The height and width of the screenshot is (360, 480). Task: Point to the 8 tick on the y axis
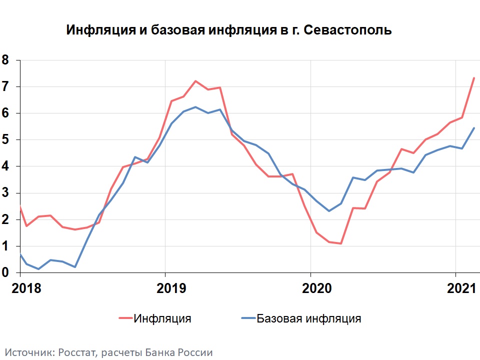[5, 60]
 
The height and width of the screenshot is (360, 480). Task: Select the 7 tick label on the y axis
[5, 87]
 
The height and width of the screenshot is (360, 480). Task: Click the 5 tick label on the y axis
[5, 140]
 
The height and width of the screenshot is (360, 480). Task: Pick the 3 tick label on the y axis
[5, 193]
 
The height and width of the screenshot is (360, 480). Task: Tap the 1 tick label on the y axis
[5, 246]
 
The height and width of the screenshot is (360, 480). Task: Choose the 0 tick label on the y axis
[5, 273]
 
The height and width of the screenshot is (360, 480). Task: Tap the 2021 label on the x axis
[460, 288]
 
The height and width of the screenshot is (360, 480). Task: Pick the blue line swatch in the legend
[248, 318]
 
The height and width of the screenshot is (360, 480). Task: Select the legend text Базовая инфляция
[308, 318]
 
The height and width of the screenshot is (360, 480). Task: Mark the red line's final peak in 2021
[473, 78]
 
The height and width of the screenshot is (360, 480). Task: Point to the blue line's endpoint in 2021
[473, 128]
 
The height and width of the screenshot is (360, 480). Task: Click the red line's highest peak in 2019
[195, 81]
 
